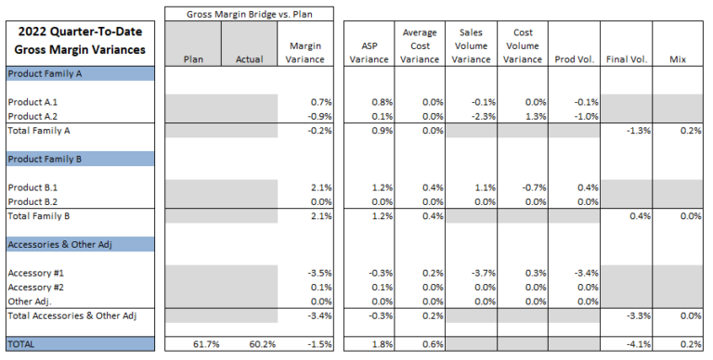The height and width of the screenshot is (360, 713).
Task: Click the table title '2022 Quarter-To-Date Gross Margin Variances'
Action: coord(79,42)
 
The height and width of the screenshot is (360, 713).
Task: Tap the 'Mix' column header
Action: coord(678,59)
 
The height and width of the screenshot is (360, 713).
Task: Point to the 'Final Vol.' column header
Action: coord(627,59)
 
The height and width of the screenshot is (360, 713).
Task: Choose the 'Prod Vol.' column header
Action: coord(574,59)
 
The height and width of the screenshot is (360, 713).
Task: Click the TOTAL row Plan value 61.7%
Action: coord(205,344)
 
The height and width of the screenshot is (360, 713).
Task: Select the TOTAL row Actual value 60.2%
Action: coord(261,344)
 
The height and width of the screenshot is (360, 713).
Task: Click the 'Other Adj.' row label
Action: coord(28,301)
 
